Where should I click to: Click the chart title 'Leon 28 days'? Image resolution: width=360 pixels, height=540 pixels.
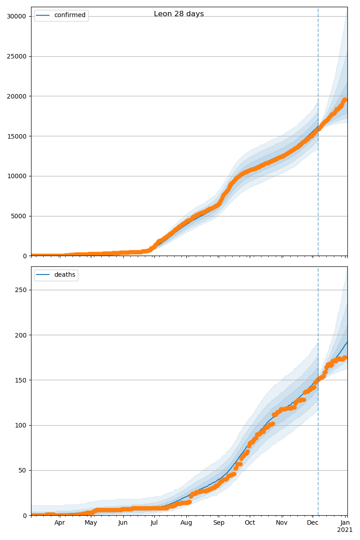tap(179, 14)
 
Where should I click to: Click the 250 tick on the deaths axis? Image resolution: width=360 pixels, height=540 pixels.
tap(21, 290)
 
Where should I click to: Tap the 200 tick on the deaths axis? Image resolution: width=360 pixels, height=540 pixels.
tap(21, 335)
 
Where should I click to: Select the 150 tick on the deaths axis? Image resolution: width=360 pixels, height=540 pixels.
tap(21, 380)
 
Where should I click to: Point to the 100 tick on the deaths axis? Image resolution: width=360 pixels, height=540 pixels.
tap(21, 425)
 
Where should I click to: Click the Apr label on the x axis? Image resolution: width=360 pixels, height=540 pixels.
tap(60, 523)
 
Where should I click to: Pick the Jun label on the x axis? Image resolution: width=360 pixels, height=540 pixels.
tap(123, 523)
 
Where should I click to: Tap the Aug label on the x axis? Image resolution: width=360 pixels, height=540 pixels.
tap(186, 523)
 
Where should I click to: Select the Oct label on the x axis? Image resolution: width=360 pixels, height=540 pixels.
tap(250, 523)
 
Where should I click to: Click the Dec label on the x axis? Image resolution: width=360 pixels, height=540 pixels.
tap(313, 523)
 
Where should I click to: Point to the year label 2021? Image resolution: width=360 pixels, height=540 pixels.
tap(345, 530)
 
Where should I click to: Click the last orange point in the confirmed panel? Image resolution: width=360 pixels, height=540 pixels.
tap(345, 100)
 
